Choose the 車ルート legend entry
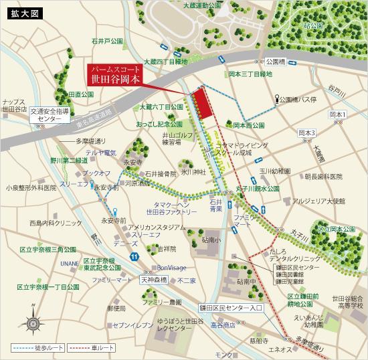[93, 349]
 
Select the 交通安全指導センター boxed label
[50, 114]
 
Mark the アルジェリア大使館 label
[318, 200]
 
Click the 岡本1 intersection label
[338, 115]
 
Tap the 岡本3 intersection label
[306, 132]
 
